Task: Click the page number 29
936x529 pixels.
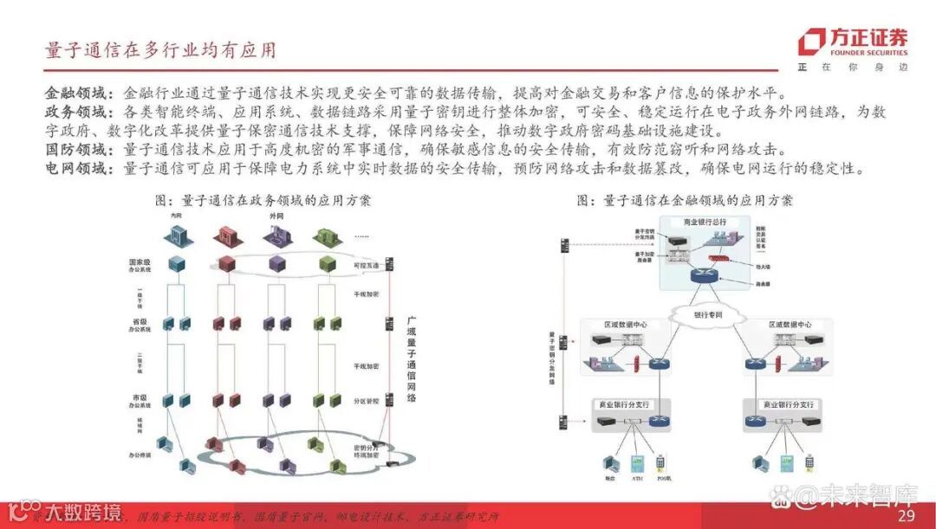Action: point(906,516)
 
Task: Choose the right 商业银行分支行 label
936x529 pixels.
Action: point(789,404)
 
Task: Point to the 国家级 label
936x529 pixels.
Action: point(141,261)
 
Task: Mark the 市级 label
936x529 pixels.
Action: point(141,398)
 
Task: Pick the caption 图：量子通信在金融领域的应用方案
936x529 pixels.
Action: point(685,201)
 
